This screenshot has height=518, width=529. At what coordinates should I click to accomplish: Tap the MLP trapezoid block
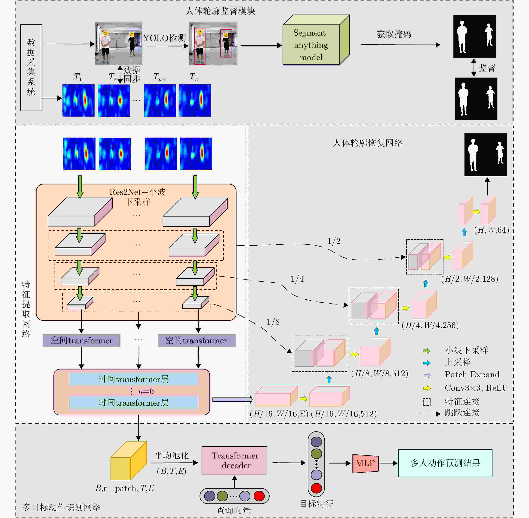[x=365, y=463]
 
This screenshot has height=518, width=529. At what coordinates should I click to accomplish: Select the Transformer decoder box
[x=234, y=461]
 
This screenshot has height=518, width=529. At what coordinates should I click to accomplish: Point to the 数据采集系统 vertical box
[x=31, y=67]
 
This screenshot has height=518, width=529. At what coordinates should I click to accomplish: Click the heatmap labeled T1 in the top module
[x=78, y=100]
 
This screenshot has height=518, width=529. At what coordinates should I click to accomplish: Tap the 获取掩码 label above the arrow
[x=394, y=34]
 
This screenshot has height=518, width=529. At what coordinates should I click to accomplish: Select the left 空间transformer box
[x=81, y=341]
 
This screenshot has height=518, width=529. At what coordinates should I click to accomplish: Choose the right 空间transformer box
[x=197, y=341]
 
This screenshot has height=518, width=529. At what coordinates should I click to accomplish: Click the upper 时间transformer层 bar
[x=133, y=379]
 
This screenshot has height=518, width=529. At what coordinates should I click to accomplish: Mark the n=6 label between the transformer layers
[x=146, y=391]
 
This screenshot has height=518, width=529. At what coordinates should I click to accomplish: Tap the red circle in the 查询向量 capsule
[x=259, y=496]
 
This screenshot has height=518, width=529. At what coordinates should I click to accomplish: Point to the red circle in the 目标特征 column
[x=316, y=488]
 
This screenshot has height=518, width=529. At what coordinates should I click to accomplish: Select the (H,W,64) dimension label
[x=491, y=230]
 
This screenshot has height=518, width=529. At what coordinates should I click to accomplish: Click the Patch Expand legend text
[x=472, y=375]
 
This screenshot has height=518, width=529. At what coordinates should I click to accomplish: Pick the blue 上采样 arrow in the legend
[x=427, y=363]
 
